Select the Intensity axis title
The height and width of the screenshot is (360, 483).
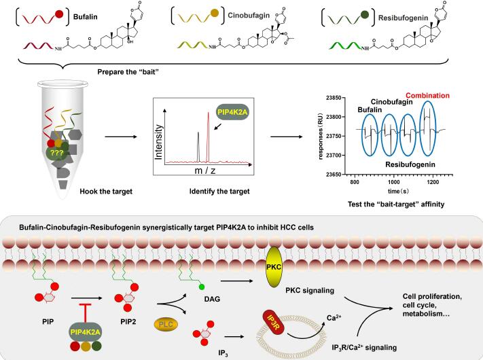158,144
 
